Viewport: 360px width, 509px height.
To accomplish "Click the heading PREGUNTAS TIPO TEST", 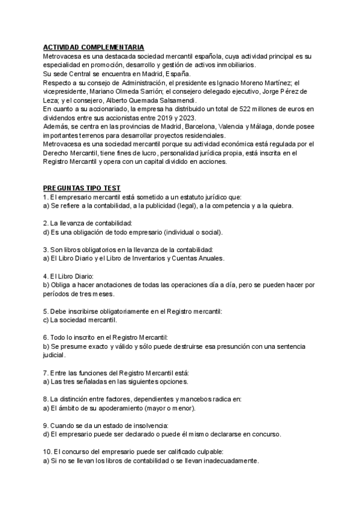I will point(82,188).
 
